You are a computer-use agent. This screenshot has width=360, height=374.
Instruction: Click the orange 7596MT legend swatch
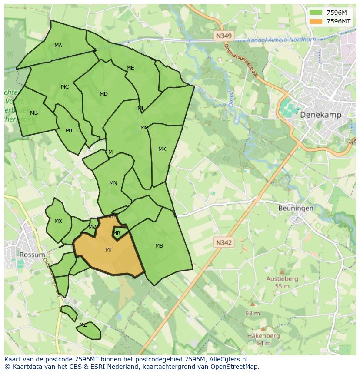click(316, 21)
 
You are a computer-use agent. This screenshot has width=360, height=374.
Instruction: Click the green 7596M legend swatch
click(316, 13)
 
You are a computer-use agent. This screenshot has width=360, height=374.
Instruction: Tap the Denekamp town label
click(320, 115)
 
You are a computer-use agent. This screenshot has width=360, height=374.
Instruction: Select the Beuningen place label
click(296, 208)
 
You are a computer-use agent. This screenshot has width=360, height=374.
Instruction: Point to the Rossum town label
click(32, 255)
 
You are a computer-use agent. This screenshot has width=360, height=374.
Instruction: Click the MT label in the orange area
click(109, 250)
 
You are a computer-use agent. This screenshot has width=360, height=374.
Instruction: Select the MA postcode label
click(58, 46)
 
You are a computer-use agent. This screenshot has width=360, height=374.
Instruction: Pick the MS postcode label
click(159, 246)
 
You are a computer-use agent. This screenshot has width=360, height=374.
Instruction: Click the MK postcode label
click(162, 149)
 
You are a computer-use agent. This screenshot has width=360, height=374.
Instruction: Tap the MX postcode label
click(58, 221)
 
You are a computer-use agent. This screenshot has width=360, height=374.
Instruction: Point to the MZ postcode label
click(83, 325)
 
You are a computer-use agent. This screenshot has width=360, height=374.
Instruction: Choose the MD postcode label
click(103, 94)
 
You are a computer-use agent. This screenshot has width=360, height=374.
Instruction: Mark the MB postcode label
click(34, 113)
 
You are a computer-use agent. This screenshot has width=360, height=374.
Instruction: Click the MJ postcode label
click(69, 131)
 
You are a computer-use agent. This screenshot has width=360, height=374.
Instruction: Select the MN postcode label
click(113, 183)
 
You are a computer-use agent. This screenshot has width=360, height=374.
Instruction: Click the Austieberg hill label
click(282, 279)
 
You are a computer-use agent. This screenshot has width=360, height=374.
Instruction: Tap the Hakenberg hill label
click(263, 336)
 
